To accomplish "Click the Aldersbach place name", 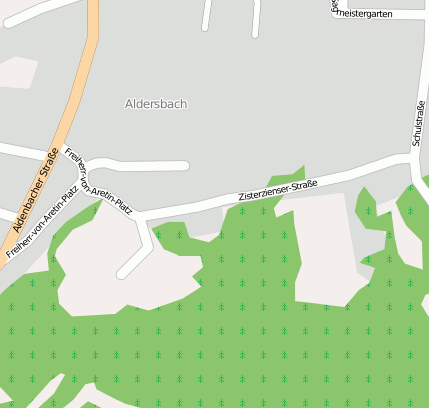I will (x=156, y=104).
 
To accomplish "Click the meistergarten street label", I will (x=370, y=14).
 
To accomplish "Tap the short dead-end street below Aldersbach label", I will (x=150, y=165).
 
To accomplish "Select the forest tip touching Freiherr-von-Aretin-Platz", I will (x=99, y=205).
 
